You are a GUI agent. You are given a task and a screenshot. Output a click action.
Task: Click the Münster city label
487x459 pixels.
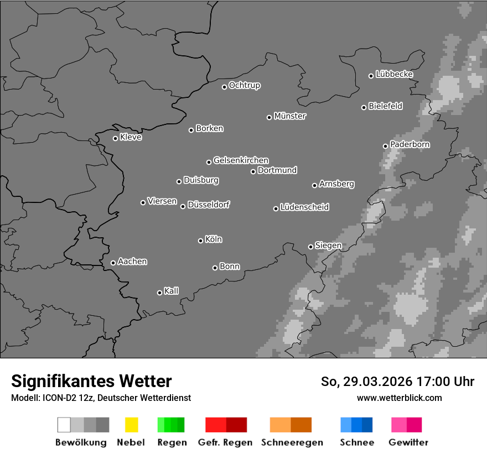[x=290, y=116]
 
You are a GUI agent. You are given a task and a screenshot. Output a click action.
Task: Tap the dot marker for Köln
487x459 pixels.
[x=200, y=241]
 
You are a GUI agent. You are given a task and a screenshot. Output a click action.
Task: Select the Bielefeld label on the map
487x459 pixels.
[x=385, y=106]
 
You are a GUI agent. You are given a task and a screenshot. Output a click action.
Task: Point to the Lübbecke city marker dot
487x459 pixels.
[x=371, y=76]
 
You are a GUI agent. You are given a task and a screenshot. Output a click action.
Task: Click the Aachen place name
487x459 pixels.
[x=132, y=262]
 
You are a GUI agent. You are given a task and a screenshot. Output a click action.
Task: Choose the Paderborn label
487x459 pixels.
[x=410, y=144]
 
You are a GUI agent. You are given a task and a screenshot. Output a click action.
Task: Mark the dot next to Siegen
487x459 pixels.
[x=310, y=247]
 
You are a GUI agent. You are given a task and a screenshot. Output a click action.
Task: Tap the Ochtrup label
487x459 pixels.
[x=245, y=86]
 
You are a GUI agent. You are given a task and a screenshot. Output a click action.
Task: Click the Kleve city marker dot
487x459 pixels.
[x=115, y=138]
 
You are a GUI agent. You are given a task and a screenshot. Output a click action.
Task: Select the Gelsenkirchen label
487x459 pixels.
[x=241, y=160]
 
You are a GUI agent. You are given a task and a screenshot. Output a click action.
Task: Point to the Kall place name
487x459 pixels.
[x=172, y=291]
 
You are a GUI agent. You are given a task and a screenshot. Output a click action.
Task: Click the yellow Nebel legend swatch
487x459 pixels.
[x=131, y=425]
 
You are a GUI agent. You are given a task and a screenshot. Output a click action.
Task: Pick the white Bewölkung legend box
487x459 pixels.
[x=64, y=425]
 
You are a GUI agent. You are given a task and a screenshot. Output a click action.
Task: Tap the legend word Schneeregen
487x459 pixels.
[x=291, y=442]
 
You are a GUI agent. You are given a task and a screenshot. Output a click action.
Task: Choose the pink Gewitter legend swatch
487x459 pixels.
[x=398, y=425]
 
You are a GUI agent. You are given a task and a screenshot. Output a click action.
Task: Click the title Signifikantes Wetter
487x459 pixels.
[x=91, y=381]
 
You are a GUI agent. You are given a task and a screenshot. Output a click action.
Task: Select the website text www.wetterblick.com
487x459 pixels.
[x=400, y=398]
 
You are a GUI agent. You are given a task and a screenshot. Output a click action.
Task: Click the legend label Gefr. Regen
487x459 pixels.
[x=225, y=442]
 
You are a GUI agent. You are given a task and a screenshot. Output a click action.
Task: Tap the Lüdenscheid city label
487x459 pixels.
[x=304, y=207]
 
